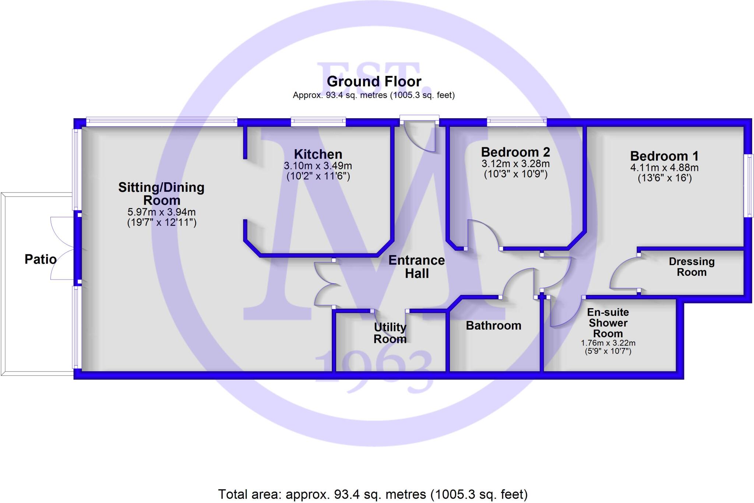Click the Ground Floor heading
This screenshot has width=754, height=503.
(374, 81)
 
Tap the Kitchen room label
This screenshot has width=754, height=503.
(318, 154)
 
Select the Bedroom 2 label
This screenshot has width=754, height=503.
(515, 152)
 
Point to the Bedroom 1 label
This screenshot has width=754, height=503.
(664, 156)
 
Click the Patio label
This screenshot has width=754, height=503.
(40, 259)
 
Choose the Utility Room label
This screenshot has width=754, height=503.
(390, 333)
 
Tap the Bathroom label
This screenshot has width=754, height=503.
(493, 326)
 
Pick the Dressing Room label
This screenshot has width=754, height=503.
(691, 267)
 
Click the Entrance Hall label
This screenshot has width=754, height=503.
(417, 267)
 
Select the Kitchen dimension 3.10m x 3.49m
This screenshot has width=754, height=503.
(318, 166)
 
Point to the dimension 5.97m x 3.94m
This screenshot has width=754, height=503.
(161, 212)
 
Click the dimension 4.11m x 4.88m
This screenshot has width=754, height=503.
(664, 168)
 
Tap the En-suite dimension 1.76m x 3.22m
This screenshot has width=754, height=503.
(608, 343)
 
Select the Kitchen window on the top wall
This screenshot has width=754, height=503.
(318, 122)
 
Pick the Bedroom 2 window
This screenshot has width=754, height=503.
(517, 122)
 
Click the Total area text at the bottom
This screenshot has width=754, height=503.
(373, 494)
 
